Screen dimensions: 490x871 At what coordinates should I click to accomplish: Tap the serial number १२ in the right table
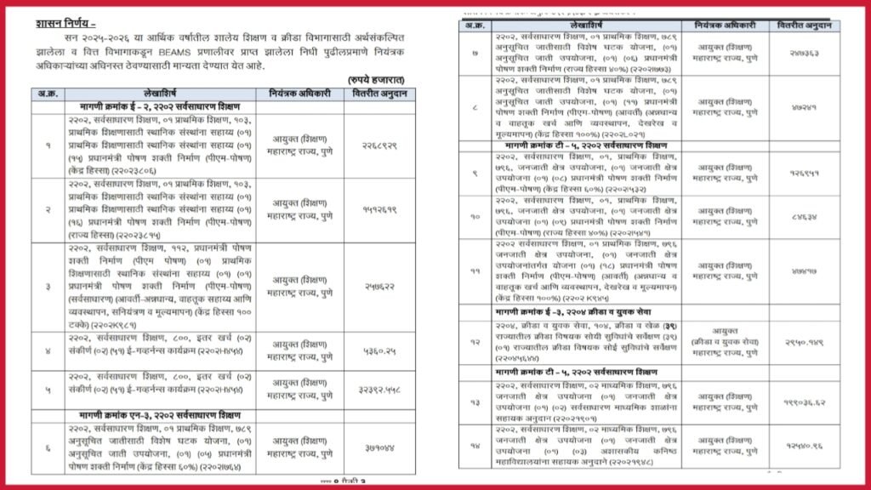tap(474, 342)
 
